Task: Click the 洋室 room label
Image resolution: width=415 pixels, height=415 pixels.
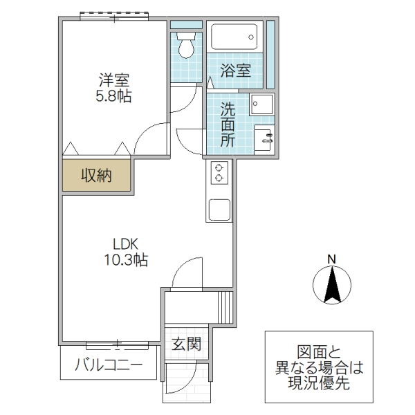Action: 113,80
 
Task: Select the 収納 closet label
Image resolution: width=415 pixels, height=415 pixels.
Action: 97,176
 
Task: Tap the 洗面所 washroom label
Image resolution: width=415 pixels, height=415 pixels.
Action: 228,124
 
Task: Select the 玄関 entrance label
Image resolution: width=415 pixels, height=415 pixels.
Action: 186,343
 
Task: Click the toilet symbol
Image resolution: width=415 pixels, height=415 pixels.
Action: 186,46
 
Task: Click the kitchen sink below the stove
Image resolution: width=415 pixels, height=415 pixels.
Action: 220,210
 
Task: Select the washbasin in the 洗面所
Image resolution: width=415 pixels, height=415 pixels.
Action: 264,136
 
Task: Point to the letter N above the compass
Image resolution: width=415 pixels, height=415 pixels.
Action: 331,259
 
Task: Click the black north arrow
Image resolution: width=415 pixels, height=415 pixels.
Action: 331,284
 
